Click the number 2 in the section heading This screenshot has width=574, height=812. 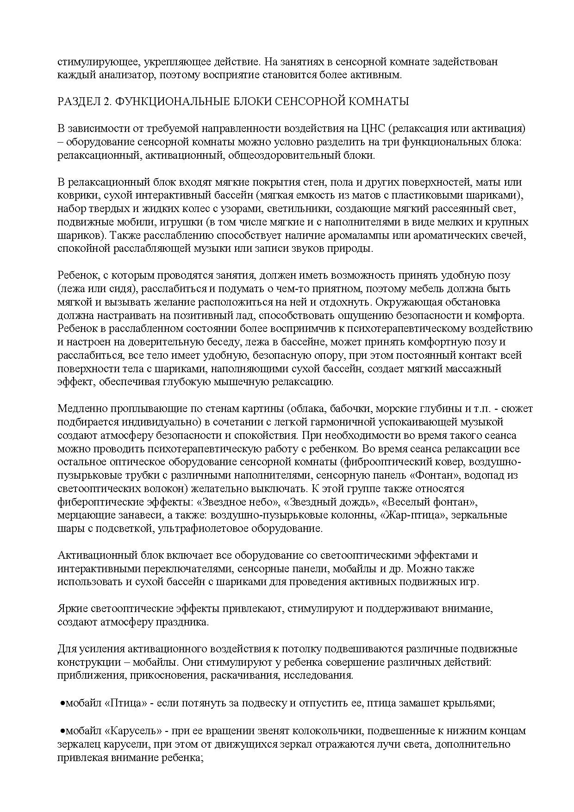pyautogui.click(x=106, y=102)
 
